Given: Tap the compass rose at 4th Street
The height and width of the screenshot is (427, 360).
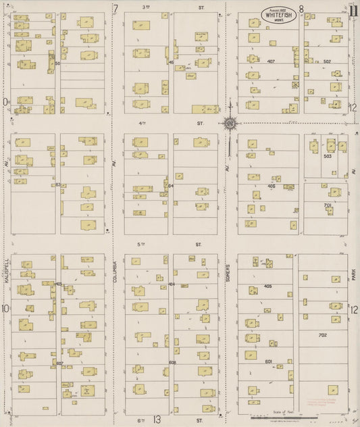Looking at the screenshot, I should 230,123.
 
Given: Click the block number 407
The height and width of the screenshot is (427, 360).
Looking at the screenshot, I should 271,62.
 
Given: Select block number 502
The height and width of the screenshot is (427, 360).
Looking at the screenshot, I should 327,62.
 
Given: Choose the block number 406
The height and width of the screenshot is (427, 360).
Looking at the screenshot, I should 271,186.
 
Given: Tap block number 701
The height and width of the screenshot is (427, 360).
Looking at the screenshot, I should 328,205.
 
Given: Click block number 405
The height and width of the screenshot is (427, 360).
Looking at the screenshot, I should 268,286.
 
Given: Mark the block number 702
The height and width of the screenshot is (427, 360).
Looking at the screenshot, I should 322,334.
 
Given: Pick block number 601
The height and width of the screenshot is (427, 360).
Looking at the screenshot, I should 268,361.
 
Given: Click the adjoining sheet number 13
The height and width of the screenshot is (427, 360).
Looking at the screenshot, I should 157,420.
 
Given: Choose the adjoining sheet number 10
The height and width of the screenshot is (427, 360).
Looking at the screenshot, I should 5,309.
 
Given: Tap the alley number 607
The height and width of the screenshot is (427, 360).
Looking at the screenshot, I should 59,363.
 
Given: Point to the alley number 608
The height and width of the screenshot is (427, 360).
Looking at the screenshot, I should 172,362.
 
